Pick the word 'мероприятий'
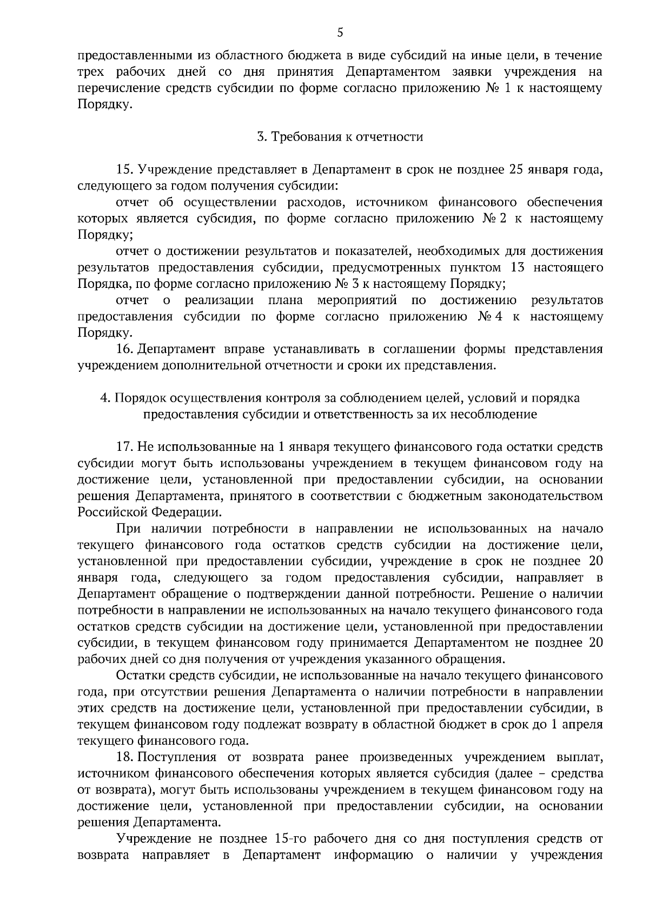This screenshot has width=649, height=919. click(x=357, y=300)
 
